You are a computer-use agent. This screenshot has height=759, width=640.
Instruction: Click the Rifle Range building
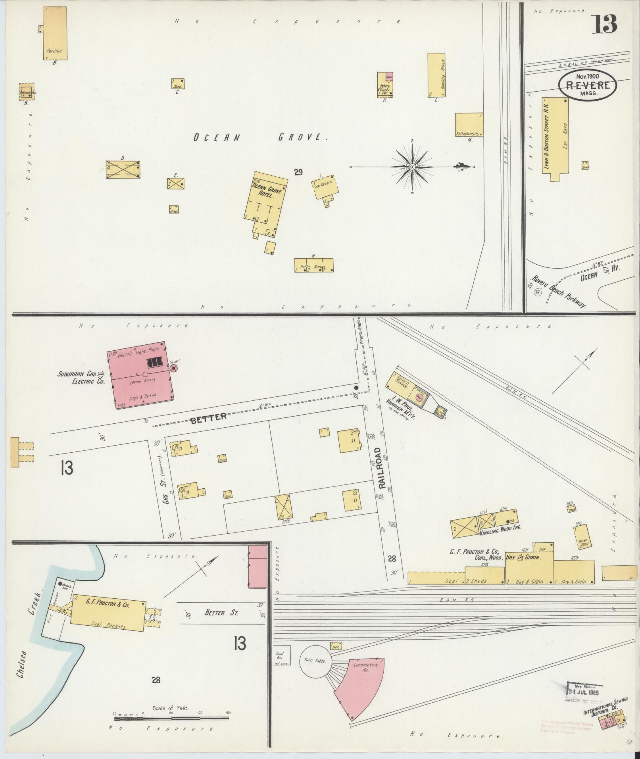click(x=313, y=265)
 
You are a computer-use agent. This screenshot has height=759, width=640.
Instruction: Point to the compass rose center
click(x=412, y=167)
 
